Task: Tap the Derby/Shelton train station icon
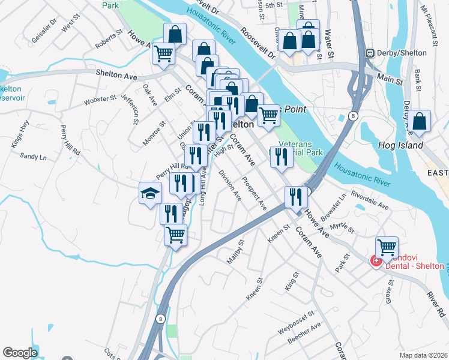point(371,53)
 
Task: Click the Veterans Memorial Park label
point(301,148)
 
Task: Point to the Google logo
point(20,353)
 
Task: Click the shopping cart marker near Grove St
point(387,247)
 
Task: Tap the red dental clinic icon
point(376,260)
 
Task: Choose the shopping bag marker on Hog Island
point(421,121)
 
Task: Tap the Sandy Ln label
point(33,157)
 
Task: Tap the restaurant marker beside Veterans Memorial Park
point(280,157)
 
